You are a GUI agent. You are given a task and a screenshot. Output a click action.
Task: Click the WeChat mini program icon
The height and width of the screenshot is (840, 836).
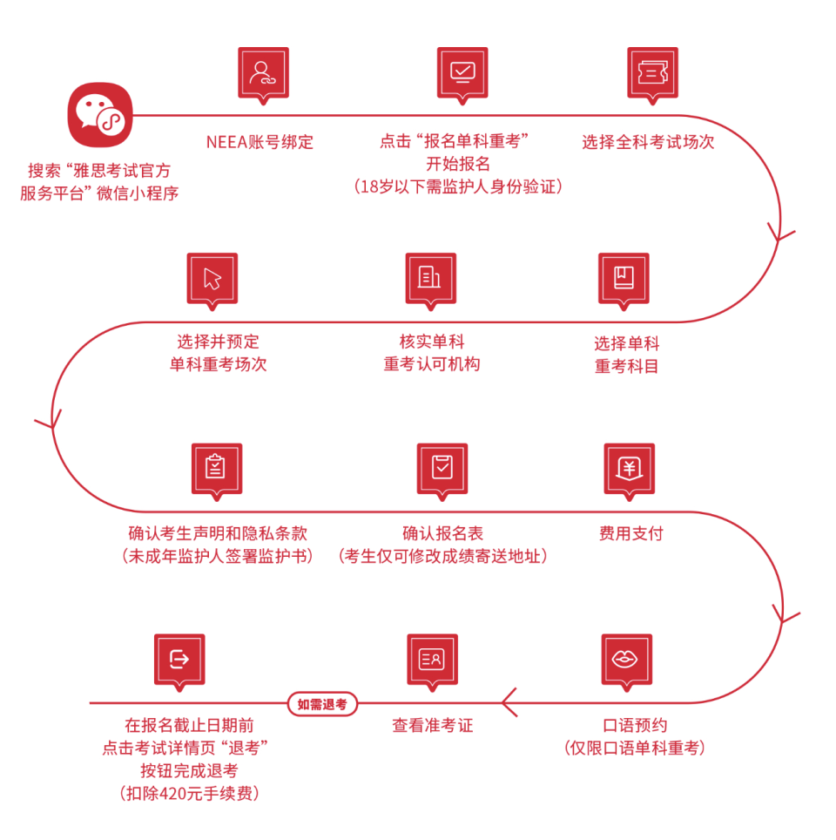tap(99, 115)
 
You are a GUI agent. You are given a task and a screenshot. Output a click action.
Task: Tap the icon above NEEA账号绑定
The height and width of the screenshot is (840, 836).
tap(263, 72)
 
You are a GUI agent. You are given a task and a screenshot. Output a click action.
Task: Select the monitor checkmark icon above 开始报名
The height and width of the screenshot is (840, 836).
tap(462, 72)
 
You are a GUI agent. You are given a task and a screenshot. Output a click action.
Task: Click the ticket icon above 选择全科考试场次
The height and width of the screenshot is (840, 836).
tap(652, 72)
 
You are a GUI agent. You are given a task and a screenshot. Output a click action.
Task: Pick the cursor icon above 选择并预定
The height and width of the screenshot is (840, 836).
tap(212, 278)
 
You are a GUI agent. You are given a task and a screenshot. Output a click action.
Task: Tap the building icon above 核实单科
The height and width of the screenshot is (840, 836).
tap(431, 278)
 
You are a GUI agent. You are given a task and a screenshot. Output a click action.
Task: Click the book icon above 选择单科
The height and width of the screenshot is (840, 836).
tap(624, 278)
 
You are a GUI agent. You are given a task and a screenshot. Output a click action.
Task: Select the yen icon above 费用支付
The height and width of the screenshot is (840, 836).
tap(629, 469)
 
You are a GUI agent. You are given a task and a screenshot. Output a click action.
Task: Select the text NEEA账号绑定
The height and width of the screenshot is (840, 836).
tap(260, 142)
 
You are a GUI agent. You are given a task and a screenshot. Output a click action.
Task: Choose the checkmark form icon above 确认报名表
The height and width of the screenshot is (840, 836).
tap(442, 469)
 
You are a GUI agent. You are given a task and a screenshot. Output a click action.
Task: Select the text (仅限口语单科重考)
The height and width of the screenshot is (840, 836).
tap(633, 748)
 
